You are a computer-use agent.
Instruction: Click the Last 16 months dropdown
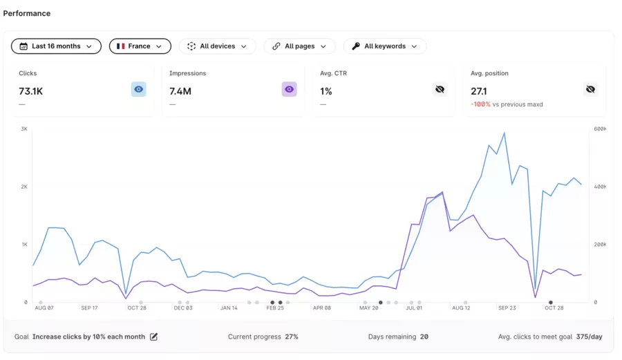(x=56, y=46)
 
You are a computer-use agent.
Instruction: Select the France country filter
(x=140, y=46)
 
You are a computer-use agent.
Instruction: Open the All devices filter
(x=217, y=46)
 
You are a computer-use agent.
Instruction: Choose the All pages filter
(x=299, y=46)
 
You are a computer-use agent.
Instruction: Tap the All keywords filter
(x=384, y=46)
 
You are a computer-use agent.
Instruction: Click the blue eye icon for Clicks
(x=139, y=89)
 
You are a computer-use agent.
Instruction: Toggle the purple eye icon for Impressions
(x=289, y=89)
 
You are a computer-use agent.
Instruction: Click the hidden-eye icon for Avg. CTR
(x=440, y=89)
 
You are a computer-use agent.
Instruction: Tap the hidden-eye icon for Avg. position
(x=590, y=89)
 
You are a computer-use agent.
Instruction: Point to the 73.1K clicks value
(x=31, y=91)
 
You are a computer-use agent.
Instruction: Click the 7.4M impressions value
(x=180, y=91)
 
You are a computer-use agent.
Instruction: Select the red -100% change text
(x=480, y=104)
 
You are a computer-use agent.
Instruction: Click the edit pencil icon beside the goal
(x=154, y=337)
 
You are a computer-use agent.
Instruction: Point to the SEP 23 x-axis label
(x=507, y=308)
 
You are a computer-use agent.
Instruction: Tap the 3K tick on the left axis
(x=24, y=129)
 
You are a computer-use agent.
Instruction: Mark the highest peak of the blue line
(x=504, y=133)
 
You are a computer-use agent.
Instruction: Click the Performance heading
(x=27, y=13)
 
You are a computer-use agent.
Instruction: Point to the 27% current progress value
(x=292, y=337)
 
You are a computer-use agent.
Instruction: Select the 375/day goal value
(x=590, y=337)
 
